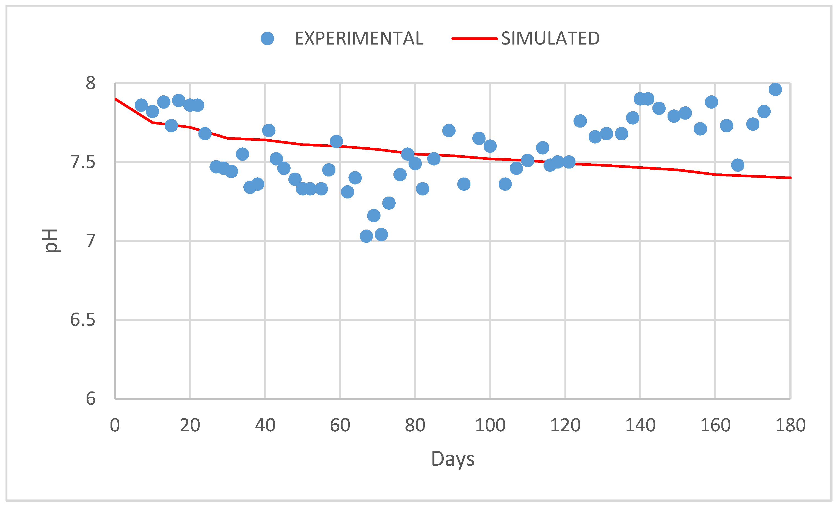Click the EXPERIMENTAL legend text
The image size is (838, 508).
pos(359,38)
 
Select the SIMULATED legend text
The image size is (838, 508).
pos(550,38)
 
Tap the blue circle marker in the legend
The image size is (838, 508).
pos(267,38)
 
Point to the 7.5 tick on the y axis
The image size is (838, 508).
pos(83,162)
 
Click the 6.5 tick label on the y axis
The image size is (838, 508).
pos(83,320)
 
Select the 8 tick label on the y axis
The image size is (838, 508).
pos(90,83)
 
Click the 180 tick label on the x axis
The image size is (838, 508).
pos(790,425)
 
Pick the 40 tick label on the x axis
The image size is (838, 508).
pos(265,425)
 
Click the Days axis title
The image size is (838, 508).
pos(453,459)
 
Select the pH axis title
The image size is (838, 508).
pos(51,241)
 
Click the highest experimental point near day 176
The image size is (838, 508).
pos(775,89)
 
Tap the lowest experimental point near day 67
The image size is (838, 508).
pos(366,236)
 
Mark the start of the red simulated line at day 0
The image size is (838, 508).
pos(116,99)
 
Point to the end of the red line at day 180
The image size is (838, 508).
pos(790,178)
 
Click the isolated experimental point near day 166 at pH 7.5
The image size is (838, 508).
pos(738,165)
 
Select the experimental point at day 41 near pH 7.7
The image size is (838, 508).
pos(269,130)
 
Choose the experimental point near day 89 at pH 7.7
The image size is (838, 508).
pos(449,130)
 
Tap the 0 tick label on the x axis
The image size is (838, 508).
pos(115,425)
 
